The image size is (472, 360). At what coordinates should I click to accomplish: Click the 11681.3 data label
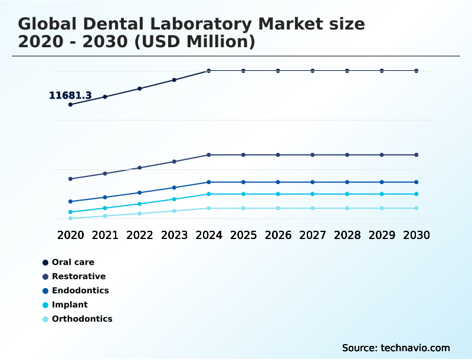coord(70,95)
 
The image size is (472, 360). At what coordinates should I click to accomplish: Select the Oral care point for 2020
coord(71,104)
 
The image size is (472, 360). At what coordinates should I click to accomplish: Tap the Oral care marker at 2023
coord(174,80)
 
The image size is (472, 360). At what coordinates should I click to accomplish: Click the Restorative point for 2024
coord(209,155)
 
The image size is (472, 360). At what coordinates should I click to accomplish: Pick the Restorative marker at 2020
coord(71,179)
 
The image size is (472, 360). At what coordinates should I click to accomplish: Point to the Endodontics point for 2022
coord(140,192)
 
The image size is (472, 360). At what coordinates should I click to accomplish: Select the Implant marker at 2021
coord(105,208)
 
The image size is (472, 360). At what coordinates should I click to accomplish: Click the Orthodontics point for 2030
coord(416,208)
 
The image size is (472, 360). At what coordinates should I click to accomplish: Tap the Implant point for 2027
coord(313,194)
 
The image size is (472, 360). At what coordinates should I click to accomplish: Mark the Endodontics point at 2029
coord(382,182)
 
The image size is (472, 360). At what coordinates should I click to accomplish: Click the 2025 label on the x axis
coord(243,235)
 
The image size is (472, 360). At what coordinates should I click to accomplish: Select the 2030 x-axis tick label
coord(416,235)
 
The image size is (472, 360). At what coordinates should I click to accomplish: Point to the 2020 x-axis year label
coord(71,235)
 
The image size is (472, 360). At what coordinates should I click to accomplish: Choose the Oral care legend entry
coord(73,262)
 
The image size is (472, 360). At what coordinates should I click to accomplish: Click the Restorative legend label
coord(78,276)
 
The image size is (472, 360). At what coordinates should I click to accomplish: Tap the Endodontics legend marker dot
coord(45,290)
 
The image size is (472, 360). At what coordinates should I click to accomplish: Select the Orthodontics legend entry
coord(81,319)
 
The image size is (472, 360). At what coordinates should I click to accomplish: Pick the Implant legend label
coord(70,305)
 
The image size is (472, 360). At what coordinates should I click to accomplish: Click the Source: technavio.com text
coord(396,348)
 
